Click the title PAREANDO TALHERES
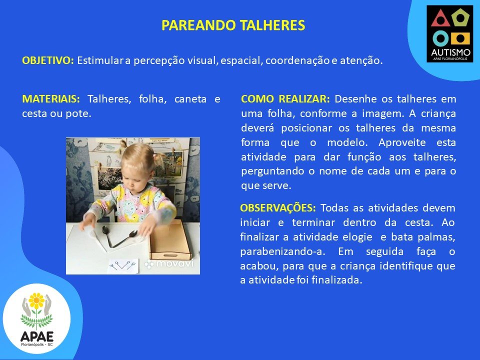pyautogui.click(x=233, y=25)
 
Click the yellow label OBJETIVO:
pyautogui.click(x=48, y=60)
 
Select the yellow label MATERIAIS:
pyautogui.click(x=51, y=99)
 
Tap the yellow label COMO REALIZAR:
pyautogui.click(x=285, y=99)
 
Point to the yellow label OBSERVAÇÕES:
pyautogui.click(x=278, y=208)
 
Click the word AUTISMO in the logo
pyautogui.click(x=450, y=52)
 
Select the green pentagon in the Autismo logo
pyautogui.click(x=460, y=18)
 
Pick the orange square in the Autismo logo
pyautogui.click(x=460, y=38)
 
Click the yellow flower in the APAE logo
pyautogui.click(x=36, y=300)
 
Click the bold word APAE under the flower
pyautogui.click(x=37, y=336)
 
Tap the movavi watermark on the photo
pyautogui.click(x=169, y=263)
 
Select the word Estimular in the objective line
pyautogui.click(x=100, y=60)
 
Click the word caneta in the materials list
pyautogui.click(x=190, y=99)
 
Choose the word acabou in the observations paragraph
pyautogui.click(x=259, y=266)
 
